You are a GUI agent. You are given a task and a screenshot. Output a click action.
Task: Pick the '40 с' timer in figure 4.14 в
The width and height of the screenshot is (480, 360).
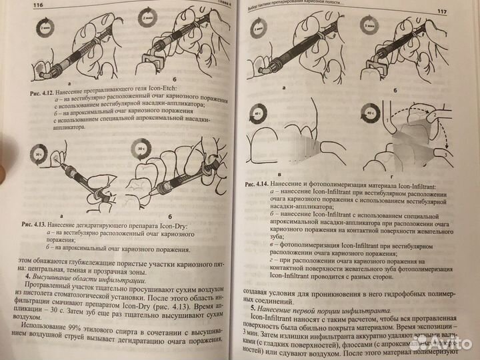coord(258,115)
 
